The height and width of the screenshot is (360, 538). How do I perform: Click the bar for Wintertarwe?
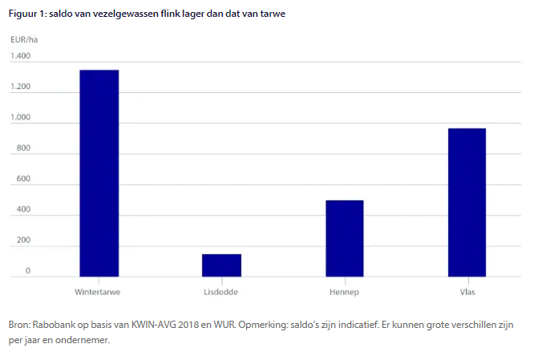[99, 172]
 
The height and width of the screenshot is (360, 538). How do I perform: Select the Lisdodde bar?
[221, 265]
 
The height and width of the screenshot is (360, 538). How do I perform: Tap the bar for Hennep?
[344, 238]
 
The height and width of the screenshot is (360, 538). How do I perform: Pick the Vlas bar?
[467, 202]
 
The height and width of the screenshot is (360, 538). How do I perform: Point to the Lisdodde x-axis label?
[220, 291]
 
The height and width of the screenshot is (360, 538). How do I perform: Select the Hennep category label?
[344, 291]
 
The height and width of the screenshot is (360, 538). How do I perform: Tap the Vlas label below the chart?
[467, 291]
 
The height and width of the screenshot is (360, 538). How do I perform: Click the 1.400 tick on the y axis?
[21, 56]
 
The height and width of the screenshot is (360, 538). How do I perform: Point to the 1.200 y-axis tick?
[21, 87]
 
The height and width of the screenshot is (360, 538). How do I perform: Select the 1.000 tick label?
[21, 118]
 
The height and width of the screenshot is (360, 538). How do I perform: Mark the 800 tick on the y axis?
[22, 148]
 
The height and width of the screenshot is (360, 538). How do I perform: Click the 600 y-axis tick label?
[22, 180]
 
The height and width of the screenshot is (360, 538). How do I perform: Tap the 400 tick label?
[22, 210]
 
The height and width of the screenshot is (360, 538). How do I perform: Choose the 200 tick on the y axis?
[22, 241]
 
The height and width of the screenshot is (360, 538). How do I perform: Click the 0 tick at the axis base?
[27, 271]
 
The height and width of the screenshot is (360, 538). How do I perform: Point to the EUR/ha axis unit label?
[23, 39]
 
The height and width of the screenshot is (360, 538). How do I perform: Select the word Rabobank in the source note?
[52, 326]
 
